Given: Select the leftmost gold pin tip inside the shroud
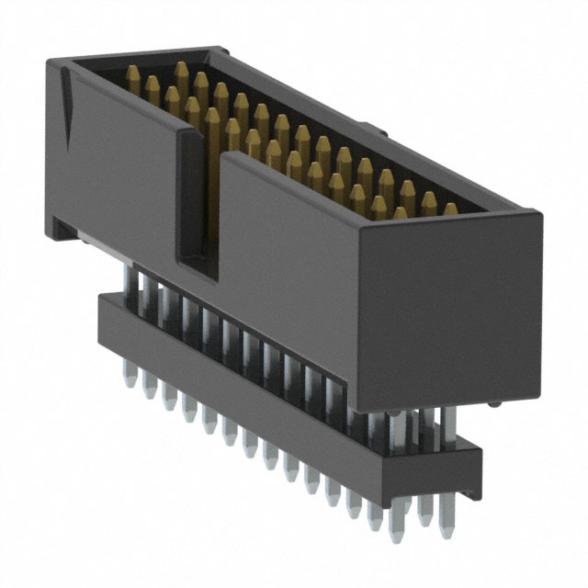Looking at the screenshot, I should [131, 74].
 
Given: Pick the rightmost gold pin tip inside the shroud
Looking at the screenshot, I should [450, 210].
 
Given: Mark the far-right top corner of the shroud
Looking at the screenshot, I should [540, 216].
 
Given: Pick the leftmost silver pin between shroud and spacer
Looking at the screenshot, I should [129, 280].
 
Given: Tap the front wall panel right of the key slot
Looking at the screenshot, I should [285, 248].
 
